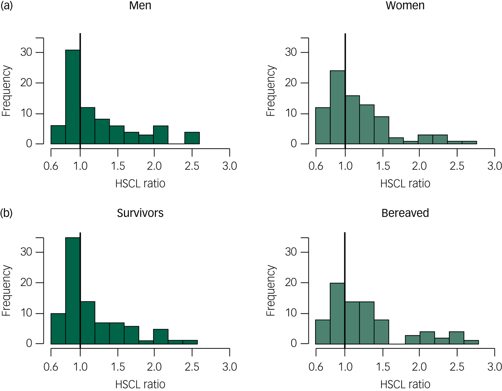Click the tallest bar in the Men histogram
tap(73, 97)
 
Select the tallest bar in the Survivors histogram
tap(73, 290)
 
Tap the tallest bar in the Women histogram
tap(337, 107)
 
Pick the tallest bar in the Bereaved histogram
tap(337, 313)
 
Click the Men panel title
tap(140, 6)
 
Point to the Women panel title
tap(405, 6)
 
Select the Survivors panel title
tap(140, 213)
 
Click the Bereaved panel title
tap(405, 213)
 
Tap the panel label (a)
tap(6, 6)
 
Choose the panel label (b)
tap(6, 213)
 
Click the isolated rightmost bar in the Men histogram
tap(192, 138)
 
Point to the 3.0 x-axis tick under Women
tap(494, 166)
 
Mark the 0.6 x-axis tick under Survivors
tap(51, 367)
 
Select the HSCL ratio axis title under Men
tap(140, 184)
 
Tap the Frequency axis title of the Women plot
tap(271, 91)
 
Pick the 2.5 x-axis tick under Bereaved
tap(457, 367)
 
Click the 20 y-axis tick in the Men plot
tap(26, 83)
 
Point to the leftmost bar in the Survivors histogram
tap(58, 329)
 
